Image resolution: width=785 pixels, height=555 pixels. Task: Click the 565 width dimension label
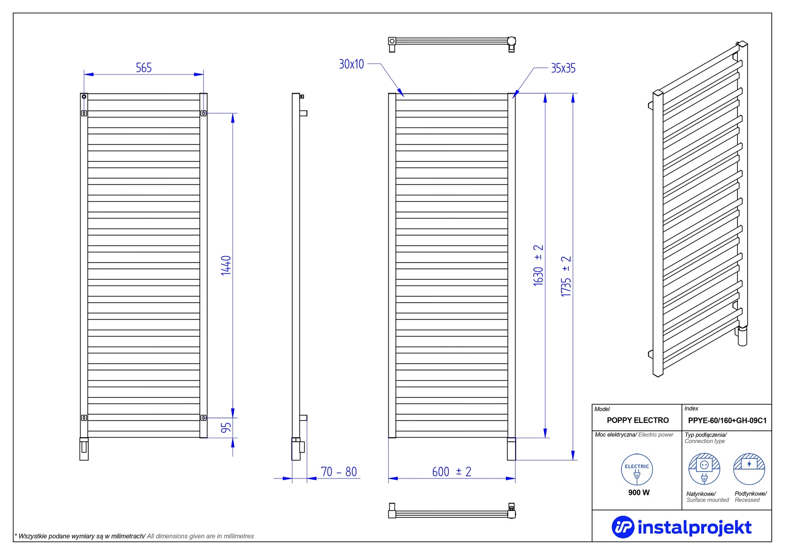coord(144,68)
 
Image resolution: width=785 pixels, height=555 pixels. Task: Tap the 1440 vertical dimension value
coord(226,265)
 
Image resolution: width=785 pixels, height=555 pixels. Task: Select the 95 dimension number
coord(226,428)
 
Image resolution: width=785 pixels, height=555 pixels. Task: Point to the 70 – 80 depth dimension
coord(339,472)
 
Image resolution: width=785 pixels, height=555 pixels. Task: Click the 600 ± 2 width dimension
coord(452,472)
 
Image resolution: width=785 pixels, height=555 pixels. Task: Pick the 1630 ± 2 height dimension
coord(538,265)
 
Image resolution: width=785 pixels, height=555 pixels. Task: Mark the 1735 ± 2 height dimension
coord(566,277)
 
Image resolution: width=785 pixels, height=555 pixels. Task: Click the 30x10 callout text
coord(351,64)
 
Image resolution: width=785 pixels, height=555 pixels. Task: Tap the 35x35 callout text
coord(563,68)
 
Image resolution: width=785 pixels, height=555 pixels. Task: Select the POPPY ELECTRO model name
coord(638,420)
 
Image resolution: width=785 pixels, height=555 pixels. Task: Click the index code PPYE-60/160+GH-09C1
coord(727,421)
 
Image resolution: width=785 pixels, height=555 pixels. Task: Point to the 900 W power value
coord(639,492)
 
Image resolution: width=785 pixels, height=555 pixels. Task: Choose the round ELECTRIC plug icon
coord(637,470)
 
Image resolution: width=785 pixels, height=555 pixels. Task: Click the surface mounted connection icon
coord(704,469)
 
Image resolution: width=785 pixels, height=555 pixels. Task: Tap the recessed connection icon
coord(749,469)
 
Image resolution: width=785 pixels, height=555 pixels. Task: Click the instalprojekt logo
coord(681,528)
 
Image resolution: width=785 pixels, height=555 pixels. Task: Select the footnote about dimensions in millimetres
coord(134,536)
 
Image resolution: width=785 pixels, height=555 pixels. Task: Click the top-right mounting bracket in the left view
coord(204,113)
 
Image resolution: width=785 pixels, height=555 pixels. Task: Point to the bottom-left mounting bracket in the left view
coord(84,418)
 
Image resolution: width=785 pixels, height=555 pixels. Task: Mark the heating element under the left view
coord(84,449)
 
